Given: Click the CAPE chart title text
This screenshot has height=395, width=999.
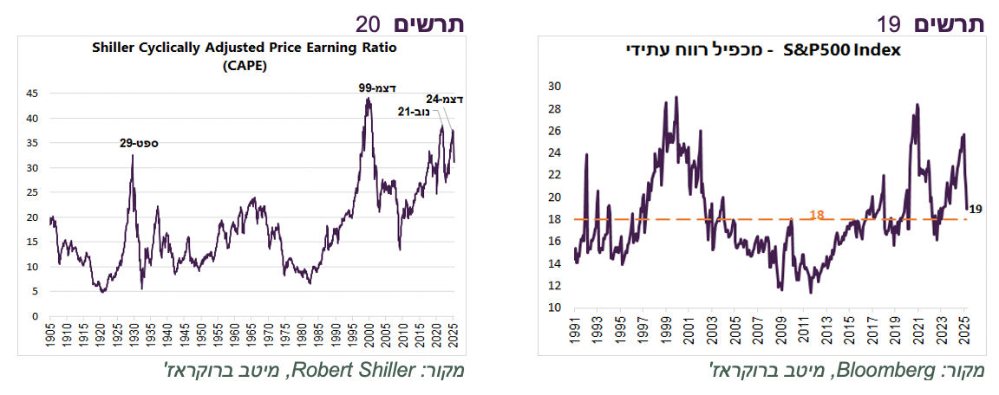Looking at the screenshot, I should coord(244,55).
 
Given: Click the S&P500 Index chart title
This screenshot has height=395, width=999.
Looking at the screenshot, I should coord(764,50).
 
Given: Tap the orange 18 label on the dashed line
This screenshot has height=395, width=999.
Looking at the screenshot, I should coord(816,213).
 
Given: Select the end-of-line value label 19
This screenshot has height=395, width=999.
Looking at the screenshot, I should coord(975,208).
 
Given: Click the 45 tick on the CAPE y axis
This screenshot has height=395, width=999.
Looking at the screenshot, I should coord(33,93).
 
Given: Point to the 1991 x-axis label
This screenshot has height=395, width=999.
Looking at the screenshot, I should coord(575,329).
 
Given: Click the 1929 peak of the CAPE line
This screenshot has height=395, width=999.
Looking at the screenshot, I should coord(132,156).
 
